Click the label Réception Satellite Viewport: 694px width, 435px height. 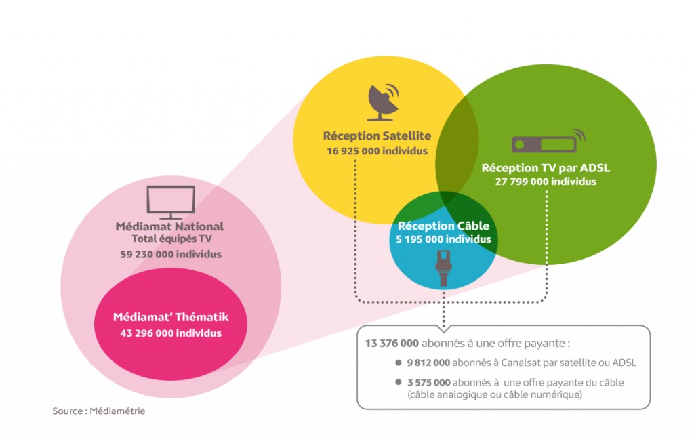(x=377, y=136)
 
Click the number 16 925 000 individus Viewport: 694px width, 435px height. (x=377, y=151)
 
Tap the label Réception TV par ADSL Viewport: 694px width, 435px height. (x=546, y=167)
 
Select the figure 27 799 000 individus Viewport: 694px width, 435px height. (x=546, y=182)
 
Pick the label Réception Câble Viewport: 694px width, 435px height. (x=443, y=226)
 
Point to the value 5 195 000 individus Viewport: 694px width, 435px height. (x=443, y=239)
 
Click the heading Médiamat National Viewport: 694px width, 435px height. (x=169, y=226)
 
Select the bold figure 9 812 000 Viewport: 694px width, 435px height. (x=427, y=362)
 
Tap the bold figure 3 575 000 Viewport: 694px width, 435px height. (x=427, y=383)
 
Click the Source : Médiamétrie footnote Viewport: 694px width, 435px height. (x=99, y=411)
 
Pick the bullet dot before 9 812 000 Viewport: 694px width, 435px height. (x=400, y=362)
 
